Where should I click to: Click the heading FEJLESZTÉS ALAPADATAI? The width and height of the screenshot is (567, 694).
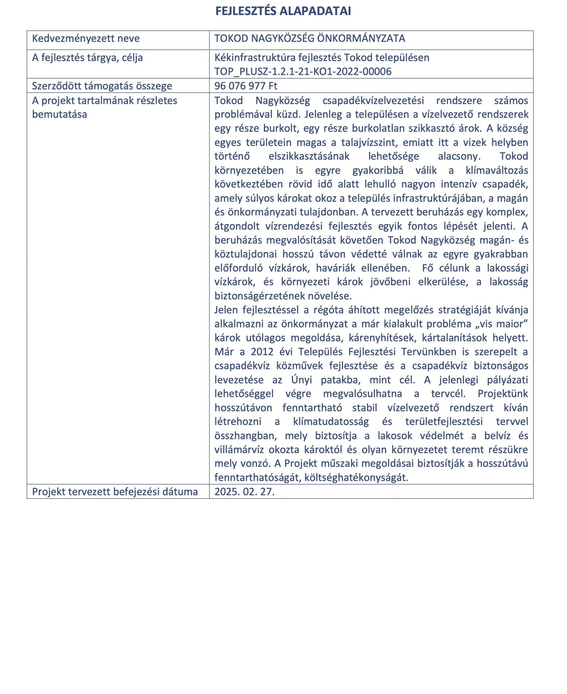pyautogui.click(x=283, y=11)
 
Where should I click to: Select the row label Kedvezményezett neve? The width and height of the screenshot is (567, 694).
pyautogui.click(x=86, y=39)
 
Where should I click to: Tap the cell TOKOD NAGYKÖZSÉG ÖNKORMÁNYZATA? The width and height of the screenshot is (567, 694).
pyautogui.click(x=310, y=39)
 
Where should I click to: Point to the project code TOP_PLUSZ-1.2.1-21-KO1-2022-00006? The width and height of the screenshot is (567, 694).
pyautogui.click(x=303, y=71)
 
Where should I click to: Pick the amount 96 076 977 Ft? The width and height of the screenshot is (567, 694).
pyautogui.click(x=246, y=86)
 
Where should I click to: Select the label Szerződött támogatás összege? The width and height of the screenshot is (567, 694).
pyautogui.click(x=102, y=86)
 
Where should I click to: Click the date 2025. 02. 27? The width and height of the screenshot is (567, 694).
pyautogui.click(x=244, y=492)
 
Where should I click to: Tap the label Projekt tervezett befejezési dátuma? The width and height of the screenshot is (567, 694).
pyautogui.click(x=115, y=492)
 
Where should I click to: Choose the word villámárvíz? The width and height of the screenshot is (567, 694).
pyautogui.click(x=239, y=450)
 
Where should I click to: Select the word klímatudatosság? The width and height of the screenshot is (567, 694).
pyautogui.click(x=331, y=422)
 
